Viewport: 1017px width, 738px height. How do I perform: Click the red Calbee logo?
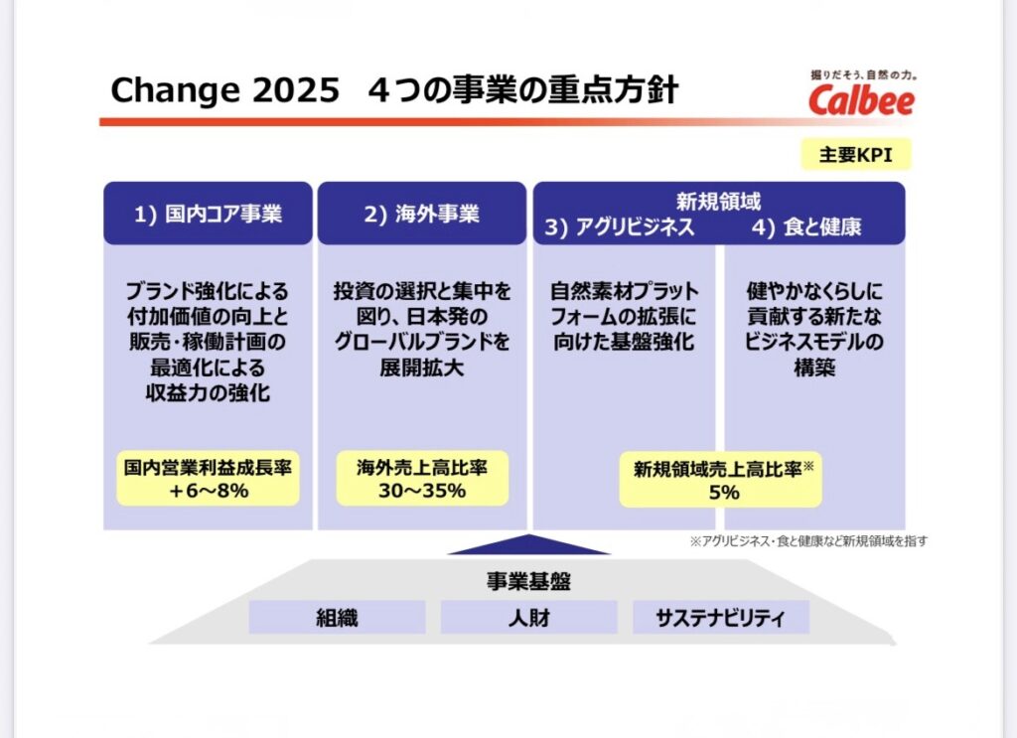(861, 100)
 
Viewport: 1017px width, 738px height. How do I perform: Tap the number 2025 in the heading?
(296, 89)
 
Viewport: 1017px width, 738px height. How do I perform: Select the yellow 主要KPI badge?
(855, 155)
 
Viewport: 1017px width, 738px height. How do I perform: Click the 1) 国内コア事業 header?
(208, 214)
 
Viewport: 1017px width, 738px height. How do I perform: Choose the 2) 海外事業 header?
(421, 214)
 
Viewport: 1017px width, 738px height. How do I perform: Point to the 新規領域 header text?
(719, 202)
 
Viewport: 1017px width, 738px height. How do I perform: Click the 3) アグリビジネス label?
(620, 227)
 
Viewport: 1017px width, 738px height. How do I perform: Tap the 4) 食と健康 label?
(806, 227)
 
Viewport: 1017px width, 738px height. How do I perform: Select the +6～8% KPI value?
(209, 491)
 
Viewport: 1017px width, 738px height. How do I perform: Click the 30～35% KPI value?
(422, 491)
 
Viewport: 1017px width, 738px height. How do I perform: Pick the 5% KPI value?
(724, 493)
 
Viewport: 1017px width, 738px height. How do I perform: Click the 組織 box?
(338, 618)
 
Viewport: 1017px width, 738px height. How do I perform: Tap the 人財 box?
(528, 618)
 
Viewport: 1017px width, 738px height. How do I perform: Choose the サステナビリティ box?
(721, 618)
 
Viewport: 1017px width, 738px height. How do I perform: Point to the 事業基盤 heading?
(528, 581)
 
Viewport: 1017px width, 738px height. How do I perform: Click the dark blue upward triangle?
(528, 546)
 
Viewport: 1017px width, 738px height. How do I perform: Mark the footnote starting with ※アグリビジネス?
(808, 541)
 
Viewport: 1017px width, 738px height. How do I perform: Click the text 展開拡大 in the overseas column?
(421, 368)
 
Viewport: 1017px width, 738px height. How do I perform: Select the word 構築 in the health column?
(814, 368)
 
